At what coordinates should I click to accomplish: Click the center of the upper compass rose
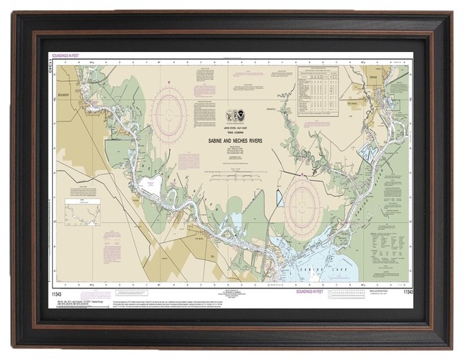[x=171, y=113]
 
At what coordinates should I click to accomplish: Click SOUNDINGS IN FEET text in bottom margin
[x=320, y=292]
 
